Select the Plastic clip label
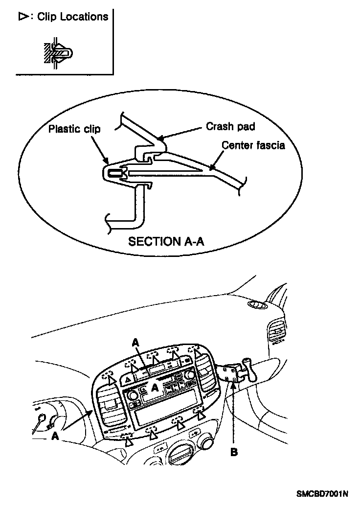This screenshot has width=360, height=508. tap(74, 129)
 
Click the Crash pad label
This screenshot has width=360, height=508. tap(230, 126)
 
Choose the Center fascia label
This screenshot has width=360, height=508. tap(253, 145)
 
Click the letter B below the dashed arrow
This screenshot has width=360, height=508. tap(234, 453)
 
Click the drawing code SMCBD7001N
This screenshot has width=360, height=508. tap(321, 494)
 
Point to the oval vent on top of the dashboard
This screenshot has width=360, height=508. tap(257, 305)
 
